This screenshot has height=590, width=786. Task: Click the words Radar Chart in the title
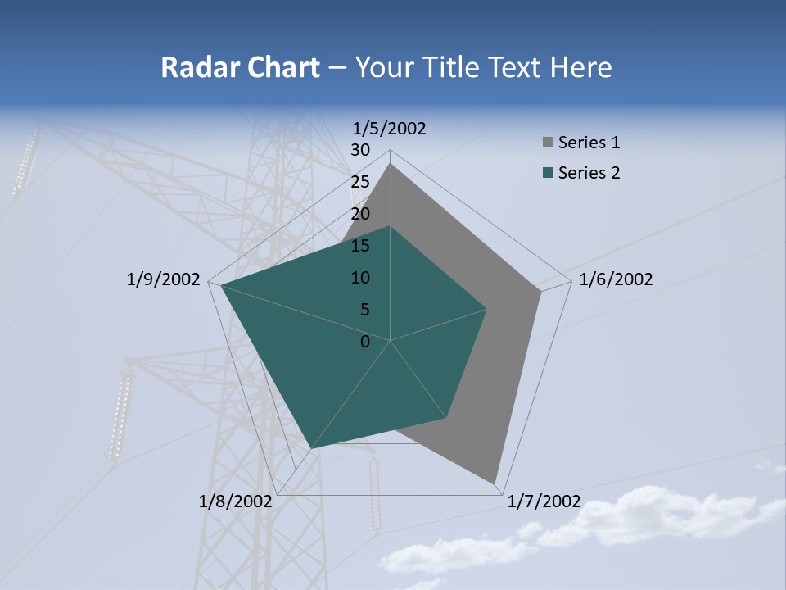coord(240,67)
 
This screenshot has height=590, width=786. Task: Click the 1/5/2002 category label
coord(390,128)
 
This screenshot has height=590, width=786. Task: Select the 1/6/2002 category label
coord(616,279)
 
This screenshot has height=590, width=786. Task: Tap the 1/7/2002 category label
coord(544,501)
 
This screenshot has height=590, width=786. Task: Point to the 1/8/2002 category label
coord(236,501)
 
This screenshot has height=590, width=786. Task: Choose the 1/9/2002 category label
coord(164,279)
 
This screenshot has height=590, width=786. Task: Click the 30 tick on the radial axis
coord(360,150)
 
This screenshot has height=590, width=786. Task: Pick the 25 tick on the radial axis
coord(360,182)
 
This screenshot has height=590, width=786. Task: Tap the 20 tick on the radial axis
coord(360,214)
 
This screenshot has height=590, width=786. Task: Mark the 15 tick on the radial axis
coord(360,246)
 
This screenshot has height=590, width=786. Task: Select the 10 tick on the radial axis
coord(360,278)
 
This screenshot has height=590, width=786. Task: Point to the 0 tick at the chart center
coord(365,342)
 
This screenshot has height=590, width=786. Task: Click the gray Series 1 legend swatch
coord(549,143)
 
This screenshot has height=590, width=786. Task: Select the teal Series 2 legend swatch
coord(549,173)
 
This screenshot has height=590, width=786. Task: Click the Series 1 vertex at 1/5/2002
coord(390,163)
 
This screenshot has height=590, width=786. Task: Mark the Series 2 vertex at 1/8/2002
coord(310,448)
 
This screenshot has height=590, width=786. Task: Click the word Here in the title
coord(580,67)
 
